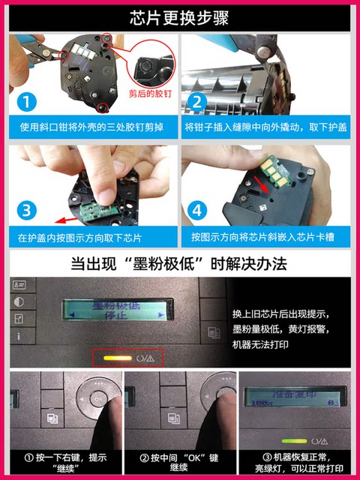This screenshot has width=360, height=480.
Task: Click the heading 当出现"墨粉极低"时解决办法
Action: pos(180,264)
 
